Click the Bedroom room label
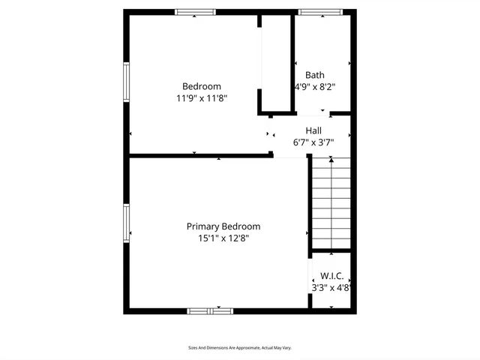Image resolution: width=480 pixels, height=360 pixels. [x=202, y=86]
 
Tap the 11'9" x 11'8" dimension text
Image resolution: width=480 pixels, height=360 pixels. [x=202, y=98]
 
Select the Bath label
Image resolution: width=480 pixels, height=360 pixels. [x=315, y=75]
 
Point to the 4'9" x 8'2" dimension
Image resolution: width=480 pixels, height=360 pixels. [x=315, y=86]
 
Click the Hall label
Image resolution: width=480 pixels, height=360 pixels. [x=313, y=130]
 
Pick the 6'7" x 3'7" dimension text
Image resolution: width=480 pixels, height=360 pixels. [x=313, y=142]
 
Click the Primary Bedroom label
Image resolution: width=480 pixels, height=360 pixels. [x=223, y=226]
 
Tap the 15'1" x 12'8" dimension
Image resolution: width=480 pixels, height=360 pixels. [x=223, y=238]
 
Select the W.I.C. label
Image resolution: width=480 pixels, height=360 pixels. [x=332, y=276]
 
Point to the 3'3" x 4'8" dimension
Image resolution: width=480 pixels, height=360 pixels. [x=332, y=287]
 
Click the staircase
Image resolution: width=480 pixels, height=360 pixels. [x=331, y=202]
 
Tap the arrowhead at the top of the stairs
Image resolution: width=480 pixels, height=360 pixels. [x=331, y=160]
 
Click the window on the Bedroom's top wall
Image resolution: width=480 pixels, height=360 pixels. [x=196, y=12]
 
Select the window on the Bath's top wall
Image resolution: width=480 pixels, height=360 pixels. [x=320, y=12]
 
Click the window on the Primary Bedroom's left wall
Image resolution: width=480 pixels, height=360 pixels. [x=127, y=223]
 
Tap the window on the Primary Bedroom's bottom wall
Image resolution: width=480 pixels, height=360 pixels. [x=210, y=310]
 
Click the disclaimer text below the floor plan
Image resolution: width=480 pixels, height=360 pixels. [x=239, y=348]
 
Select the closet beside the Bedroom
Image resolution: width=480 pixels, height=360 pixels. [x=276, y=64]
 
